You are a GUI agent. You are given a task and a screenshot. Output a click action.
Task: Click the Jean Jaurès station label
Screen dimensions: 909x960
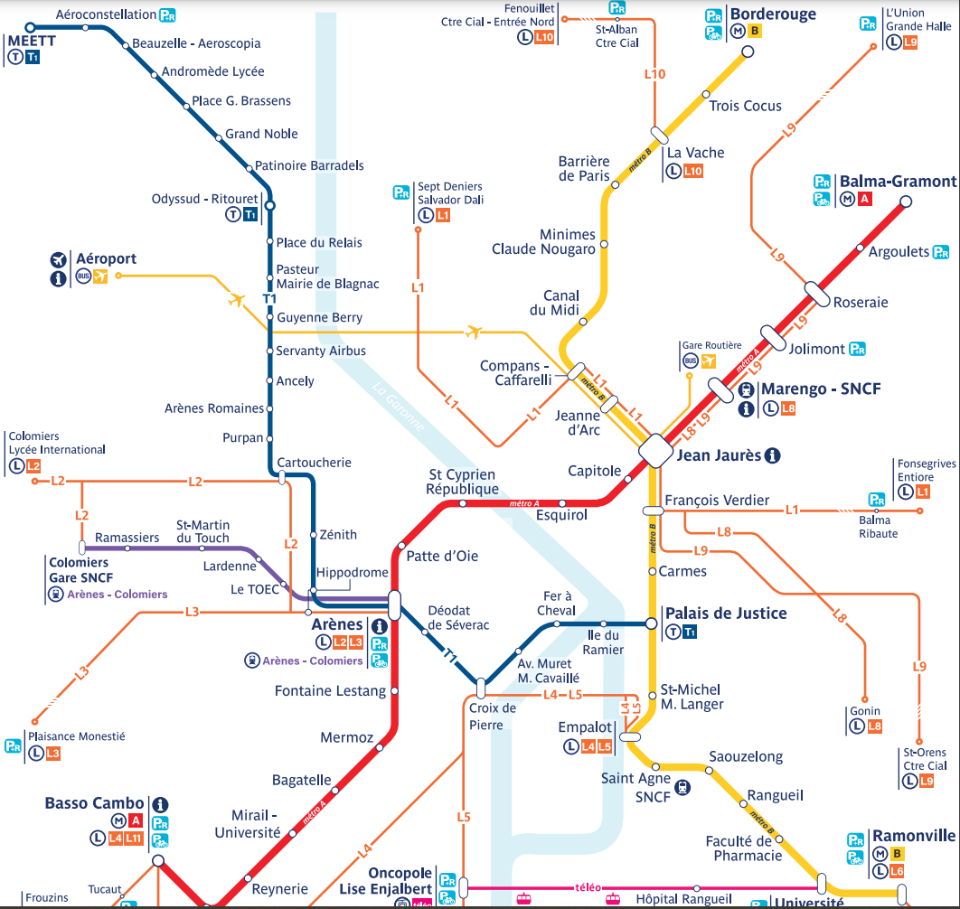(719, 455)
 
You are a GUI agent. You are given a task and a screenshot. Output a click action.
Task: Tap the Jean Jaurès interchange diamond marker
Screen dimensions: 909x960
(655, 450)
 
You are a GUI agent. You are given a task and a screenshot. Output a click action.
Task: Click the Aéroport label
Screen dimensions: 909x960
(106, 258)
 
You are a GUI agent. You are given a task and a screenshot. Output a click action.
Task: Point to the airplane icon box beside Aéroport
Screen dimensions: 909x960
(99, 276)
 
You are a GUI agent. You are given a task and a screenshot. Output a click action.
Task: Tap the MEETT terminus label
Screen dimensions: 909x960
(31, 41)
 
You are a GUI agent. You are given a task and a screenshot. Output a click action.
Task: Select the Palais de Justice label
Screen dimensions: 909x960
(725, 614)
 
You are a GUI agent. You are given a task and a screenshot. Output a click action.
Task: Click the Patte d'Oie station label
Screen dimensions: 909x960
(442, 556)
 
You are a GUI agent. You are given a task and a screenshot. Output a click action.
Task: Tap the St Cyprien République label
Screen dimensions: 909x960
(462, 482)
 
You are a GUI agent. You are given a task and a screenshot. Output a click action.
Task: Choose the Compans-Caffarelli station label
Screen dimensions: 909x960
(515, 373)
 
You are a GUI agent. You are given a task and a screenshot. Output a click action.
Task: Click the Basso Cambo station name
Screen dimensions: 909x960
(94, 803)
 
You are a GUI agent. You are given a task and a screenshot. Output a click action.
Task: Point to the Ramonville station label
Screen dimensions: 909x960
(913, 836)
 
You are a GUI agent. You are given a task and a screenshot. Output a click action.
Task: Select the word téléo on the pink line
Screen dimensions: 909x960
(588, 887)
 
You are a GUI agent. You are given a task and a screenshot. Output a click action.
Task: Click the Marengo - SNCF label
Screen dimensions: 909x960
(821, 389)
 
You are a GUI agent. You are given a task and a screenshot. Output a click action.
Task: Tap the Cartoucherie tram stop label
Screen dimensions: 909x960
(314, 463)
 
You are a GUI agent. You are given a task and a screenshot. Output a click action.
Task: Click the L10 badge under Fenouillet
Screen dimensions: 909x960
(543, 37)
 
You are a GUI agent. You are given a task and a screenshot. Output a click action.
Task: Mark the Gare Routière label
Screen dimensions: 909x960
(711, 345)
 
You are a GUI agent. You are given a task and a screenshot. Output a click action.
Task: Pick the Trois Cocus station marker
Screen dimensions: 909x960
(706, 94)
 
